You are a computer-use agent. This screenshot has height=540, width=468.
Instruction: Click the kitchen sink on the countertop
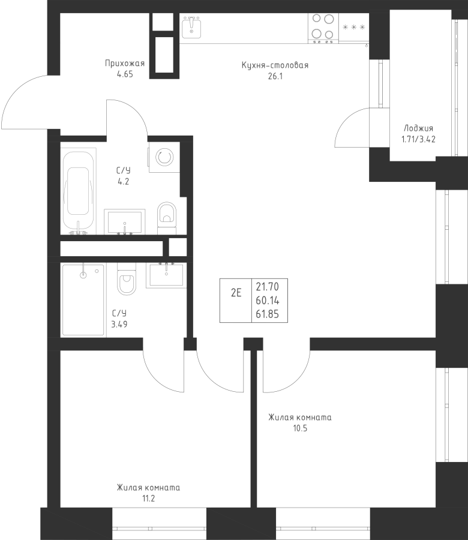click(x=191, y=27)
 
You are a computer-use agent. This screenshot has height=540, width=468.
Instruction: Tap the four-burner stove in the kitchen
click(x=323, y=28)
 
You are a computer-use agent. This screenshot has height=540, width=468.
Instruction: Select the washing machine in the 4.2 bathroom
click(x=164, y=157)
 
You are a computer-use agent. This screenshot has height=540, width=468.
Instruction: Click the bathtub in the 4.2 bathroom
click(x=78, y=191)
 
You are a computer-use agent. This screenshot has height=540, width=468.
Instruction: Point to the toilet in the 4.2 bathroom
click(x=167, y=218)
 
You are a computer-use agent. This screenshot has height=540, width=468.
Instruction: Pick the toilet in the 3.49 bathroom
click(x=127, y=278)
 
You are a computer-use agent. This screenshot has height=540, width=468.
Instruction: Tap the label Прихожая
click(x=125, y=64)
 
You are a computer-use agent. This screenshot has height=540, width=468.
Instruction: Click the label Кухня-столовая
click(x=275, y=65)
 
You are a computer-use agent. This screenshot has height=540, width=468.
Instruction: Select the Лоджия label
click(x=418, y=128)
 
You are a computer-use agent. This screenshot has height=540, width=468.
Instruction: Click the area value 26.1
click(x=275, y=76)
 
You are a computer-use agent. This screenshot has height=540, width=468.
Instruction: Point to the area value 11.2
click(x=148, y=499)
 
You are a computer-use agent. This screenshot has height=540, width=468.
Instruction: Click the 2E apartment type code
click(x=236, y=293)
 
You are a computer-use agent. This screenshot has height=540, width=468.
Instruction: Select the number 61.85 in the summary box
click(x=267, y=314)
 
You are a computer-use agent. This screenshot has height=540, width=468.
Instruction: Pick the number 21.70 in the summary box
click(x=267, y=287)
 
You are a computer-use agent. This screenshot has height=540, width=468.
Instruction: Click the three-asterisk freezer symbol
click(x=353, y=27)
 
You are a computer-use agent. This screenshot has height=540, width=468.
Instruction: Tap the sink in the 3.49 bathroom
click(x=166, y=275)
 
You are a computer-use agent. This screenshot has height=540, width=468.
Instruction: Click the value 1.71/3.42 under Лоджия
click(x=418, y=139)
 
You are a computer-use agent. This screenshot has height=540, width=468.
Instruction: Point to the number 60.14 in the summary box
click(x=267, y=301)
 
